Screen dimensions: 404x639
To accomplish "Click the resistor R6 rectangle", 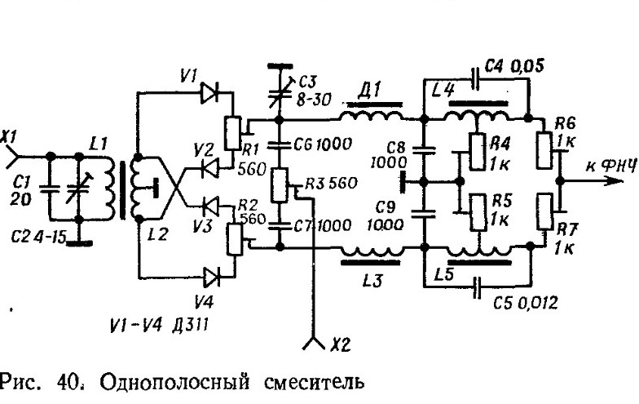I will pyautogui.click(x=545, y=149).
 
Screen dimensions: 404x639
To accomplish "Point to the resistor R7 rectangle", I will pyautogui.click(x=545, y=213).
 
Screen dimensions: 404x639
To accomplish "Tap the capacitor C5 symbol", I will pyautogui.click(x=477, y=285).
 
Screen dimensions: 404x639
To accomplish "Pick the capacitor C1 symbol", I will pyautogui.click(x=49, y=187).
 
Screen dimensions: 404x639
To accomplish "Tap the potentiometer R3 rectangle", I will pyautogui.click(x=279, y=185).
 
